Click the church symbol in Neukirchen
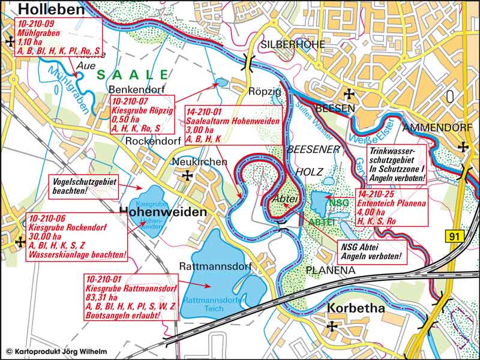[188, 176]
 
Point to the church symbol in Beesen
[349, 94]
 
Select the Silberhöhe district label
[293, 44]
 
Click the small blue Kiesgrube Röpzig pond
[220, 83]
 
